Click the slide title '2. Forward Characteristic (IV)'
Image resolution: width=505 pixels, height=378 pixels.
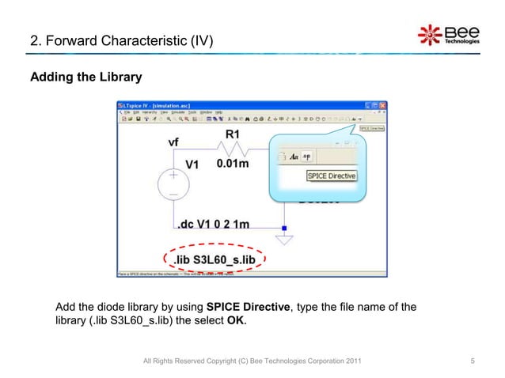(x=121, y=39)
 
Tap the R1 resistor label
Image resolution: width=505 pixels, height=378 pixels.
(x=234, y=134)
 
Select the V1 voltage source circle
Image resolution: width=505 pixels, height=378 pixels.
(x=173, y=183)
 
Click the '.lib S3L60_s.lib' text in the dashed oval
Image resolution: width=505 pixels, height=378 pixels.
(x=216, y=259)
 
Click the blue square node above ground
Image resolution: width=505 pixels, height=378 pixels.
(x=284, y=228)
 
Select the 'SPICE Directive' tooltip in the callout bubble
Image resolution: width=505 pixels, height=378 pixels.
(x=331, y=176)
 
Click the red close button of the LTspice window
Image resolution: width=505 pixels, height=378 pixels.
(x=382, y=105)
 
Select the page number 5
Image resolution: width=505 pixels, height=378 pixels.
(x=473, y=361)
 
